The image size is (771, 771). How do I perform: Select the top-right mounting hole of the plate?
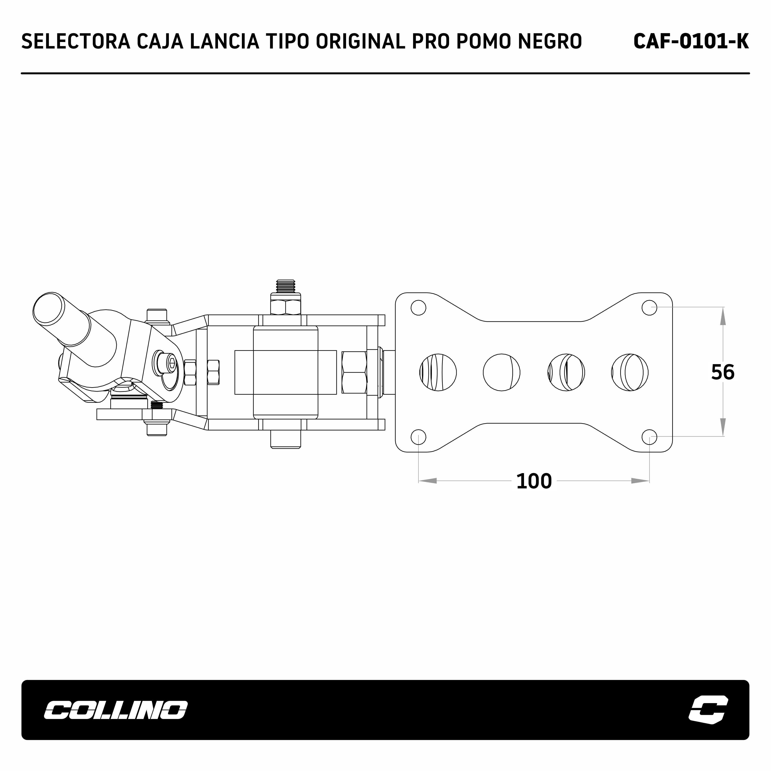click(x=649, y=307)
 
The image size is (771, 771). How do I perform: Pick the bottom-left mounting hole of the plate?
click(x=418, y=437)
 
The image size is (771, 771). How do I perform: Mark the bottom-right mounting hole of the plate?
click(x=649, y=437)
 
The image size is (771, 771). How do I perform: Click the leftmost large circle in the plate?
click(x=438, y=372)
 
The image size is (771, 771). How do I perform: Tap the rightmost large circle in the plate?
click(x=630, y=372)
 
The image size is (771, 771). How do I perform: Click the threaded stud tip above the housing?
click(x=285, y=285)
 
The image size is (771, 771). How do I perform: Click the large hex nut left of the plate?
click(x=354, y=372)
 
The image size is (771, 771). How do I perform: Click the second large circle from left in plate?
click(x=502, y=372)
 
